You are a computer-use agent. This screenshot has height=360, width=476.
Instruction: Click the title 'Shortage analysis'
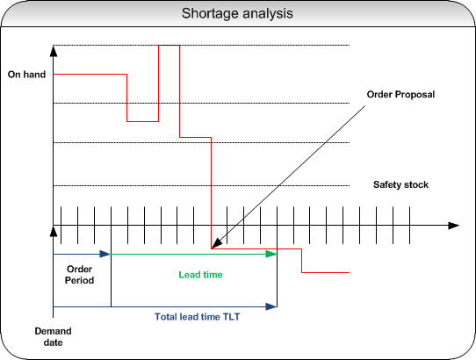(x=237, y=14)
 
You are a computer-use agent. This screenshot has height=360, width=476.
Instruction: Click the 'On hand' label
(x=26, y=75)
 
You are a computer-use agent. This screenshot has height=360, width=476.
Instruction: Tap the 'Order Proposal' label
(x=400, y=95)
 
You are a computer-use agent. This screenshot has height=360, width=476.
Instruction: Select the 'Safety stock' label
(x=400, y=184)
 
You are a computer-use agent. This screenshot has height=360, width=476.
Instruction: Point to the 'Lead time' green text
(x=200, y=275)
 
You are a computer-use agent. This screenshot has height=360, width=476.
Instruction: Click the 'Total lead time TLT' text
(x=197, y=317)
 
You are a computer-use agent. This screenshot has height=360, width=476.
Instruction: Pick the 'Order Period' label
(x=79, y=275)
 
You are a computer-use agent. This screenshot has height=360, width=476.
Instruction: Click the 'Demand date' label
(x=53, y=336)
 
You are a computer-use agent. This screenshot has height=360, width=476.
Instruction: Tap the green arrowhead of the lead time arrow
(x=271, y=254)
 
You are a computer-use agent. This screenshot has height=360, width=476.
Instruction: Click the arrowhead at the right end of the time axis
(x=454, y=226)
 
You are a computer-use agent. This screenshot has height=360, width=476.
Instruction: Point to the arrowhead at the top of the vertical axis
(x=54, y=51)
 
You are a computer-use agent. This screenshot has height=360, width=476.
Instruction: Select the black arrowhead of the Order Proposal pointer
(x=216, y=244)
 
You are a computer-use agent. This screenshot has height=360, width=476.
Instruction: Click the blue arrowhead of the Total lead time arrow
(x=271, y=306)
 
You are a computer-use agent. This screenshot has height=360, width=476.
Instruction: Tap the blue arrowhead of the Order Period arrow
(x=105, y=254)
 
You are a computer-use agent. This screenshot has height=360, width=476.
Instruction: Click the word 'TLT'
(x=231, y=317)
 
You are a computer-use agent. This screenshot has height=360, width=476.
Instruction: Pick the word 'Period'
(x=79, y=280)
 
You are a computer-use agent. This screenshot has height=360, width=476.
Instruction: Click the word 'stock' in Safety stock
(x=416, y=184)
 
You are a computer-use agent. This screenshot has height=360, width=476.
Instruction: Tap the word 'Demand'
(x=53, y=331)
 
